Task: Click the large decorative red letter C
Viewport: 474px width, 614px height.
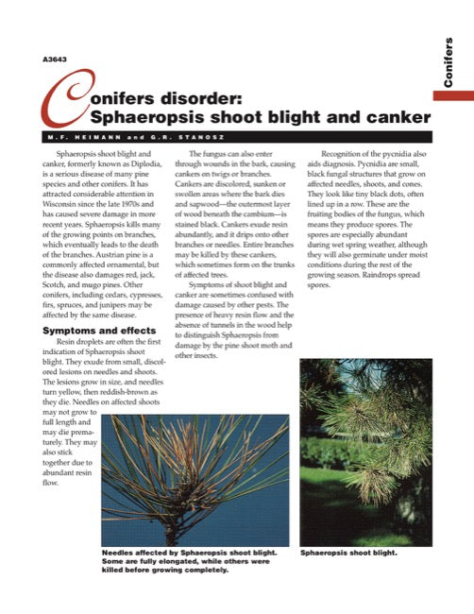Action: point(59,110)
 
